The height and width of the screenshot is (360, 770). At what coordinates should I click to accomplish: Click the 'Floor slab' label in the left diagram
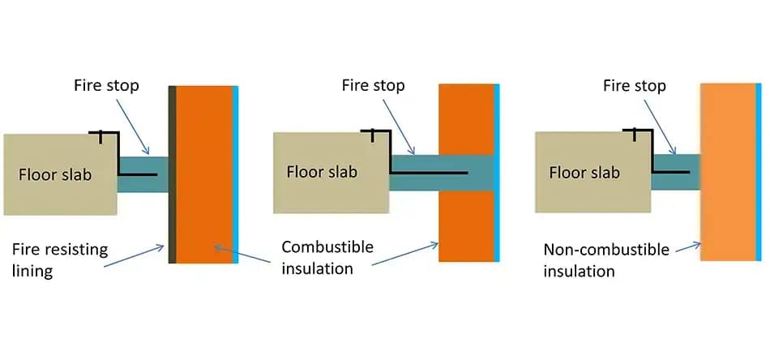tap(54, 174)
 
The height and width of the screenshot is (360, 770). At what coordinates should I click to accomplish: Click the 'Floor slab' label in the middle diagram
tap(322, 171)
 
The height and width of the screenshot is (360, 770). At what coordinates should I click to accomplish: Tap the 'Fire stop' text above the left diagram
tap(105, 85)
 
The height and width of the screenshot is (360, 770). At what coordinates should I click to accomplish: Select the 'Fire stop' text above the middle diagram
tap(373, 85)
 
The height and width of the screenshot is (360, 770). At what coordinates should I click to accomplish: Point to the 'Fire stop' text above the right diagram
tap(635, 85)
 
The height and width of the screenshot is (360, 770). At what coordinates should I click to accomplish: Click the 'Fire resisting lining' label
tap(59, 259)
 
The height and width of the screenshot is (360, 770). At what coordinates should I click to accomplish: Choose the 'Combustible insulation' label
tap(327, 257)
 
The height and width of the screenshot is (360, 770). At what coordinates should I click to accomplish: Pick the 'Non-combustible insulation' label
tap(606, 259)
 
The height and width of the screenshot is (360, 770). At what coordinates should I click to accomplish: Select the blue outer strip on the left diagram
tap(234, 174)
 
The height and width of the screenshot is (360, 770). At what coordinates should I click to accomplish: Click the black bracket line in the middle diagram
tap(430, 173)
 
